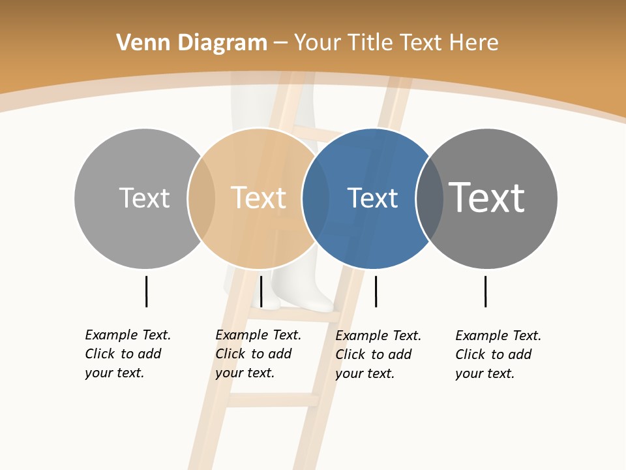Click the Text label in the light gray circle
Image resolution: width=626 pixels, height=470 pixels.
(x=144, y=198)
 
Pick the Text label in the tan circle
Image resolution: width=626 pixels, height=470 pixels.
(x=259, y=198)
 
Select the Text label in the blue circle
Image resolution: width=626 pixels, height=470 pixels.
(x=372, y=198)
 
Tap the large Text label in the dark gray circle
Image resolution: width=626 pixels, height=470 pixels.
(x=486, y=197)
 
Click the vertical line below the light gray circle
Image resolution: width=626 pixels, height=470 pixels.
(x=146, y=291)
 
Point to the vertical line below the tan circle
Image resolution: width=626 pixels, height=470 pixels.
(x=261, y=291)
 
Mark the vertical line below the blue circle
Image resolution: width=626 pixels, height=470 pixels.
(x=376, y=291)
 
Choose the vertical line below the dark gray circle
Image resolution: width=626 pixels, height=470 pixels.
(x=485, y=291)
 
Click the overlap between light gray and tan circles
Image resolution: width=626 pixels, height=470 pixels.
(x=202, y=198)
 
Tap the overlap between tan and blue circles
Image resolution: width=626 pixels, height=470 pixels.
(x=316, y=198)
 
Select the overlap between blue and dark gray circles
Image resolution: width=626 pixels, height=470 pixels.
(x=429, y=198)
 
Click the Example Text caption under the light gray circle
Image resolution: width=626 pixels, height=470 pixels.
(x=128, y=354)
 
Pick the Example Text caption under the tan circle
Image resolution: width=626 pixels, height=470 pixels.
(x=258, y=354)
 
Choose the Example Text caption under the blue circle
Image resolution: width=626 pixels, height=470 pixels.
(x=378, y=354)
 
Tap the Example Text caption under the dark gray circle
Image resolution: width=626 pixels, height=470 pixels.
(x=498, y=354)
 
